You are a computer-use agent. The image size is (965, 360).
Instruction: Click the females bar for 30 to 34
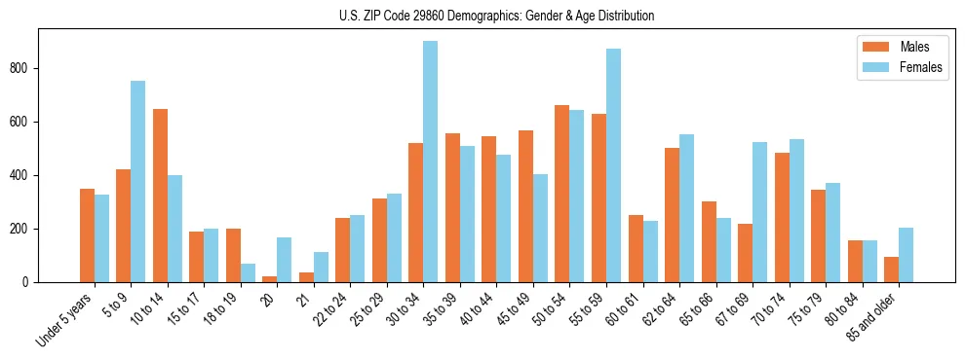(x=430, y=162)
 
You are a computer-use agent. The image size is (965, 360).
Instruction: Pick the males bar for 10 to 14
(x=160, y=196)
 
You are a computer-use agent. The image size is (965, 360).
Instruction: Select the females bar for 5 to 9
(x=137, y=182)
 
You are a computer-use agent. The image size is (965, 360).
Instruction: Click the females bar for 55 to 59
(x=613, y=165)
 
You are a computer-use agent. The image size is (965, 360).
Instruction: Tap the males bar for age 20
(x=269, y=279)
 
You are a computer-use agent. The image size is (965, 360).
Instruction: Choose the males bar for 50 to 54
(x=561, y=194)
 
